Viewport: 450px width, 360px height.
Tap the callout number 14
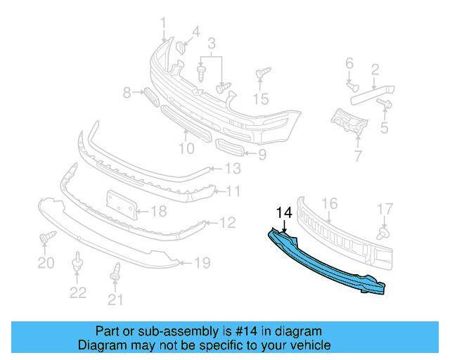[x=283, y=212]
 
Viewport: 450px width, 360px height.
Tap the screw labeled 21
[x=115, y=271]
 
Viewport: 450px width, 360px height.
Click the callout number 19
[x=202, y=263]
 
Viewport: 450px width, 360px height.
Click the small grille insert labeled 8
[x=151, y=95]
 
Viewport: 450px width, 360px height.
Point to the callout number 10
[x=186, y=148]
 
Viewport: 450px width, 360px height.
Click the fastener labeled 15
[x=262, y=73]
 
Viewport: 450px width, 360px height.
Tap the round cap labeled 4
[x=179, y=48]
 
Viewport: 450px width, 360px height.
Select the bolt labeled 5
[x=385, y=104]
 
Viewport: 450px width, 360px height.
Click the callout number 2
[x=375, y=69]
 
